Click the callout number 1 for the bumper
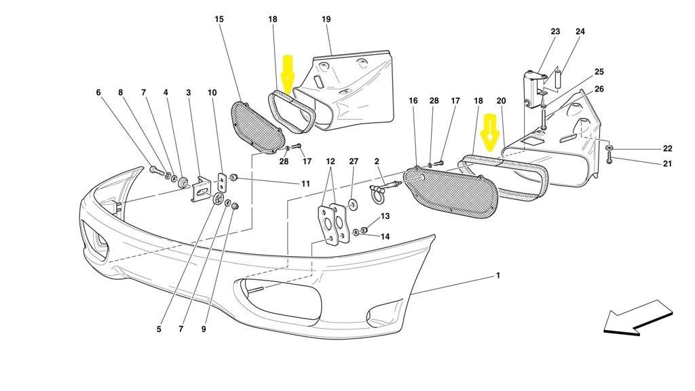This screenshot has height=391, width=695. (x=497, y=276)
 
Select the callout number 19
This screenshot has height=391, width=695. (x=326, y=20)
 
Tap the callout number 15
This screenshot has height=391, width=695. (x=219, y=20)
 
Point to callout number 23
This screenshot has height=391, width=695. (x=555, y=32)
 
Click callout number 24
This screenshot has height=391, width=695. (x=580, y=32)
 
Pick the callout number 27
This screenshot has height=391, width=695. (x=353, y=161)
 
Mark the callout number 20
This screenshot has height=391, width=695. (x=501, y=101)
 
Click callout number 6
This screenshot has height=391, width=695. (x=98, y=92)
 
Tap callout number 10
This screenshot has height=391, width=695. (x=212, y=92)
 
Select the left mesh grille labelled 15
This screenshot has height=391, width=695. (x=258, y=125)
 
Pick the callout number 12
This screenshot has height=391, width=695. (x=331, y=161)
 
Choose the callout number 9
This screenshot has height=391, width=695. (x=204, y=329)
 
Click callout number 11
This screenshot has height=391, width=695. (x=306, y=184)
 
